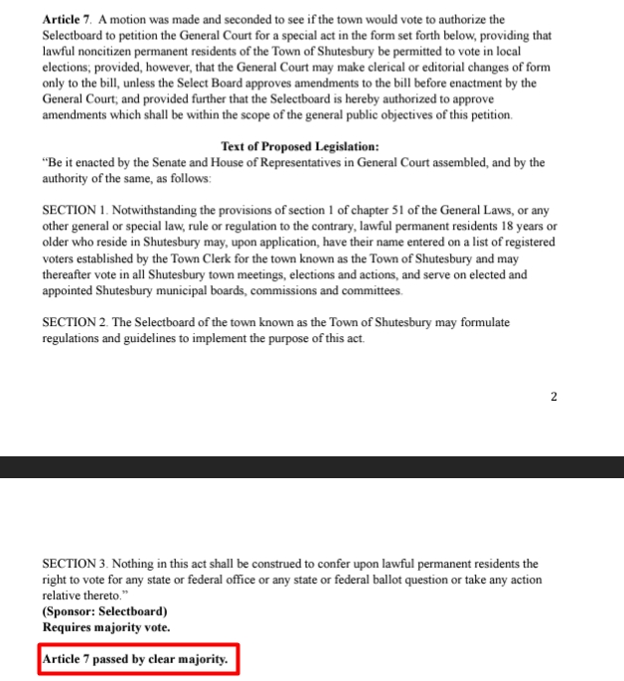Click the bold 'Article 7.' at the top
coord(66,19)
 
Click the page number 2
coord(554,398)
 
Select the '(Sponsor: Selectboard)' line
coord(104,611)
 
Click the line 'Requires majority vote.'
coord(106,627)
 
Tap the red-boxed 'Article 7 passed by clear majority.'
coord(138,659)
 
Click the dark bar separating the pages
coord(312,466)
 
